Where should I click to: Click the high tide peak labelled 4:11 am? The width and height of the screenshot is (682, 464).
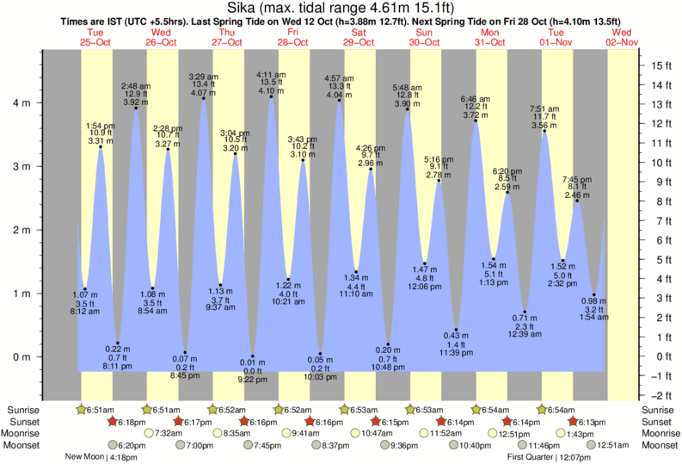(x=271, y=96)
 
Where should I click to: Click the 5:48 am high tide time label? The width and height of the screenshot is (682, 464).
(x=407, y=87)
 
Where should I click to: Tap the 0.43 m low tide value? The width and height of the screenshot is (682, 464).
(x=456, y=335)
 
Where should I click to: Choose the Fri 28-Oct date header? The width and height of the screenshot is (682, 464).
(x=293, y=36)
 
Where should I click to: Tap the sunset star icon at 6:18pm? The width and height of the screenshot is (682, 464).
(x=113, y=421)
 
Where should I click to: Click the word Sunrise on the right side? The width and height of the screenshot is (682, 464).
(x=656, y=409)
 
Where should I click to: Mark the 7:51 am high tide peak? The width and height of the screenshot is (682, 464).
(x=544, y=131)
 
